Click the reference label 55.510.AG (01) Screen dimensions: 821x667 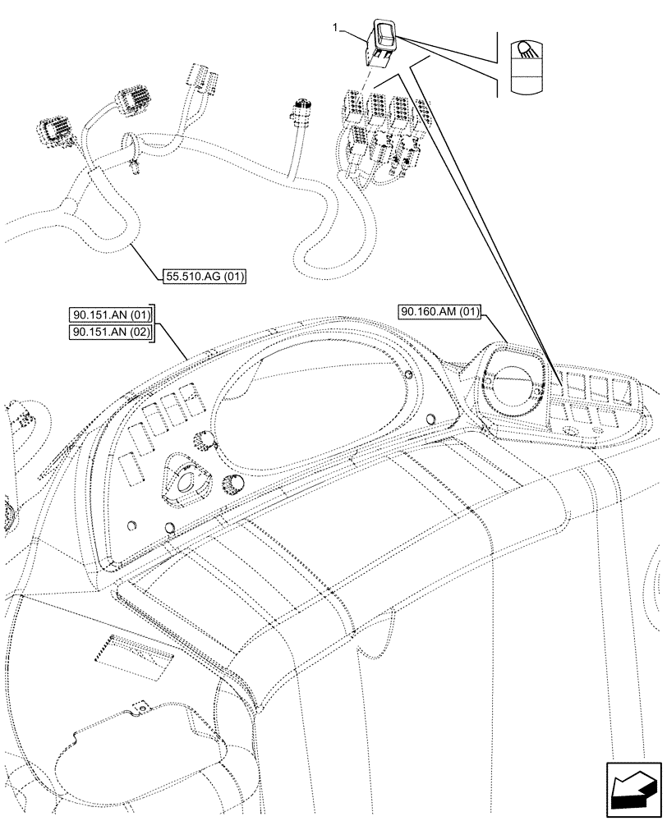point(205,277)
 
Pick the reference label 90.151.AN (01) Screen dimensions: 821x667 point(112,314)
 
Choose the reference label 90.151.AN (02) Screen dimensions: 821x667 point(112,331)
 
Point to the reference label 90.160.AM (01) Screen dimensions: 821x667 point(440,312)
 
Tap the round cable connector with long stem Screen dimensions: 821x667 point(297,111)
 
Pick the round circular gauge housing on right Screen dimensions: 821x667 point(512,383)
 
